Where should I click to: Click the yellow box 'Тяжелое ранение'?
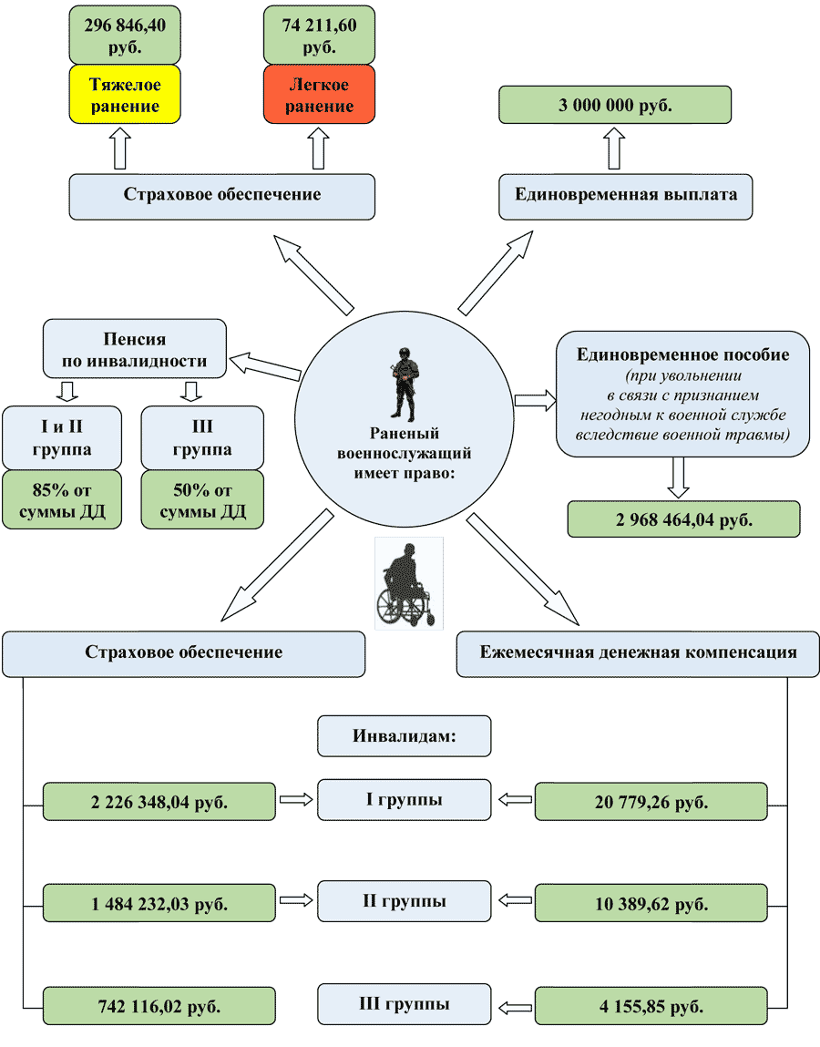[125, 94]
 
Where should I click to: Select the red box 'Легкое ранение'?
[319, 94]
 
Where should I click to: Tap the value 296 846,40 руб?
[125, 36]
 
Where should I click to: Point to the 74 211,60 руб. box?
[319, 36]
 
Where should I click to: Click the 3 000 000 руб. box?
[615, 105]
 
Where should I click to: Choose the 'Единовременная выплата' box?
[626, 197]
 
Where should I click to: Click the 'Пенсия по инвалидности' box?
[135, 349]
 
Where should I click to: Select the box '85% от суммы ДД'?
[62, 500]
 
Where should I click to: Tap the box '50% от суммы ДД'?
[202, 500]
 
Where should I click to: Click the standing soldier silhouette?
[405, 385]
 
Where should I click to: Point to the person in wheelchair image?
[409, 584]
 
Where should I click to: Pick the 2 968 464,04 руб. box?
[683, 519]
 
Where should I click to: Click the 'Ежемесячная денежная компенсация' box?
[638, 654]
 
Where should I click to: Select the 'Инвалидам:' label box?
[404, 736]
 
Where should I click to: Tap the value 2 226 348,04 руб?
[159, 801]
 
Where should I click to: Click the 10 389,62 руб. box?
[651, 903]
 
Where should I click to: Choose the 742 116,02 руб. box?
[159, 1006]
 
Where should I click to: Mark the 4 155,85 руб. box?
[651, 1006]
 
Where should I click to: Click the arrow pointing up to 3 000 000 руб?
[614, 149]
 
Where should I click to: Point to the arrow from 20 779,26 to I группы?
[516, 799]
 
